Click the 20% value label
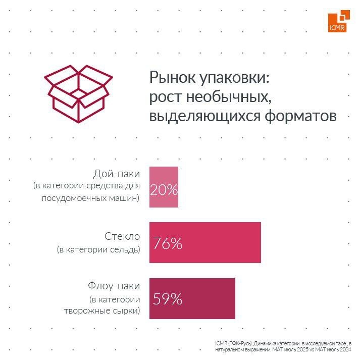point(164,190)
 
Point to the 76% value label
point(167,244)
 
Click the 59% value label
point(167,299)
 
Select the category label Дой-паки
point(117,174)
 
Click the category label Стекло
point(122,236)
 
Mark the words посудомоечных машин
point(89,198)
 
